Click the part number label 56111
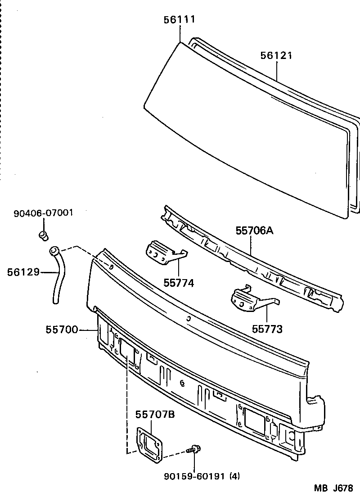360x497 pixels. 180,19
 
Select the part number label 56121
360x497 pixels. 276,56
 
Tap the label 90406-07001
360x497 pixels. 43,213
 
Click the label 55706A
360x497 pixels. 254,231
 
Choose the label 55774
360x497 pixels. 178,283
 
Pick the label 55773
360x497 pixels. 267,329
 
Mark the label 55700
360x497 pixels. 62,330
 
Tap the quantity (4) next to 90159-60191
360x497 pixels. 234,476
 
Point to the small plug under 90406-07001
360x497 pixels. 44,235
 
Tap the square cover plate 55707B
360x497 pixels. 149,445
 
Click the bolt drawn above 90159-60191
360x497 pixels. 194,449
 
